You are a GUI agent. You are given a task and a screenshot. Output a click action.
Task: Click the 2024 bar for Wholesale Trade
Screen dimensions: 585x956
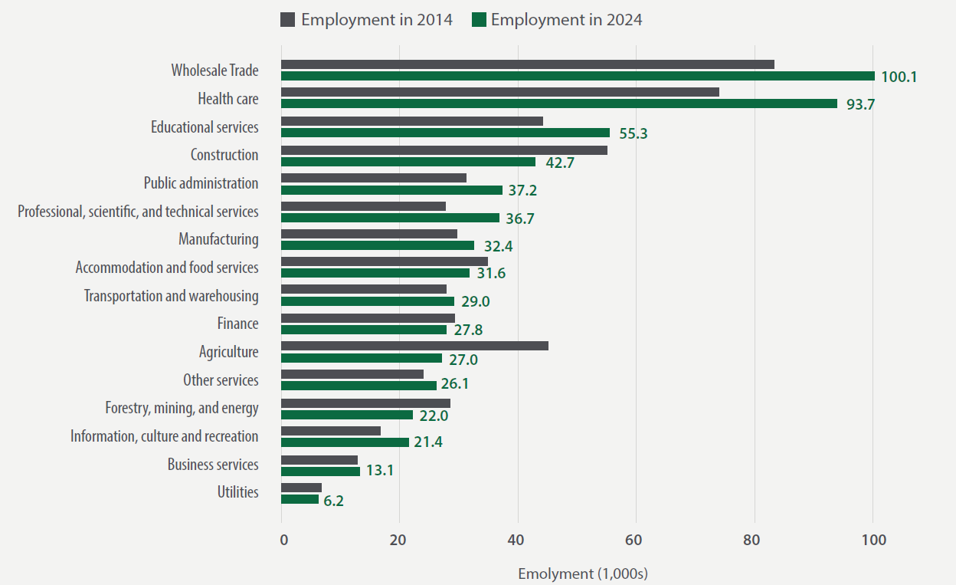(578, 76)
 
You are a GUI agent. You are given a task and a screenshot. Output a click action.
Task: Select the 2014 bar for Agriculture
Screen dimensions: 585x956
(414, 346)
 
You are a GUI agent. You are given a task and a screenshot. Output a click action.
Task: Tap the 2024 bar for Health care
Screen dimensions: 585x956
(559, 104)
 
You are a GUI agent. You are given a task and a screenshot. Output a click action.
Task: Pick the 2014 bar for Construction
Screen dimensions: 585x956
(444, 150)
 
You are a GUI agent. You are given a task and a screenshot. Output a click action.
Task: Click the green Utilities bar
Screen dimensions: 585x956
(300, 499)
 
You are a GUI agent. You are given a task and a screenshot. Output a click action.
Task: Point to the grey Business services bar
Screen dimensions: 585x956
(319, 460)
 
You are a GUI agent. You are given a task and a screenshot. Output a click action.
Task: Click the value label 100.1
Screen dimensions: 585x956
(899, 77)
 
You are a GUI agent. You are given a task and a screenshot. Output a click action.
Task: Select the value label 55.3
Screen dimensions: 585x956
(633, 133)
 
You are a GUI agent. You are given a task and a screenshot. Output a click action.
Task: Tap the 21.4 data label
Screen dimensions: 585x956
(428, 442)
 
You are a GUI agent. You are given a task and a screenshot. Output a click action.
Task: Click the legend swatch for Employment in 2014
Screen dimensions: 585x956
(287, 20)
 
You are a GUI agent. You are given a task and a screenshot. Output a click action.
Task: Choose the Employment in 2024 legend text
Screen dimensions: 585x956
(566, 20)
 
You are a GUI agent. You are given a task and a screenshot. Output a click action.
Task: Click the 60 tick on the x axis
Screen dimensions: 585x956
(635, 540)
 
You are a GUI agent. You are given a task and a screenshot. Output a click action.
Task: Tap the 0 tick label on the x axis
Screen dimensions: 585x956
(283, 540)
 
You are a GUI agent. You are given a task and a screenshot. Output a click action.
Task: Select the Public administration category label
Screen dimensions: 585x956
(201, 183)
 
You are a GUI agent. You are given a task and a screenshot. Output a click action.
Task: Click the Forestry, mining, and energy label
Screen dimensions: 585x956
(182, 408)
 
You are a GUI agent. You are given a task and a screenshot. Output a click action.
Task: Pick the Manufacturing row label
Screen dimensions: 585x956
(218, 239)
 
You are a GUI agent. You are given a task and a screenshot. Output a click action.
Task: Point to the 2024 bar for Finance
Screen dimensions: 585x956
(364, 330)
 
